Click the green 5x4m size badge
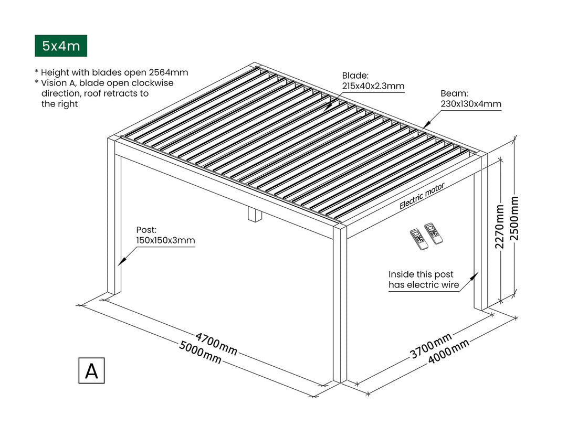[61, 46]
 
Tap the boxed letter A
[91, 370]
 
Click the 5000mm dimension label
[200, 353]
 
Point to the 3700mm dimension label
[430, 346]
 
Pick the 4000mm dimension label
[448, 352]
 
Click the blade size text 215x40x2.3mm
[373, 87]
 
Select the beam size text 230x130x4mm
[471, 104]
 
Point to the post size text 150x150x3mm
[165, 241]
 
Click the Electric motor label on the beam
[422, 196]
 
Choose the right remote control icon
[434, 233]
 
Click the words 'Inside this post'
[421, 274]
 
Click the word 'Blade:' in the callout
[355, 76]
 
